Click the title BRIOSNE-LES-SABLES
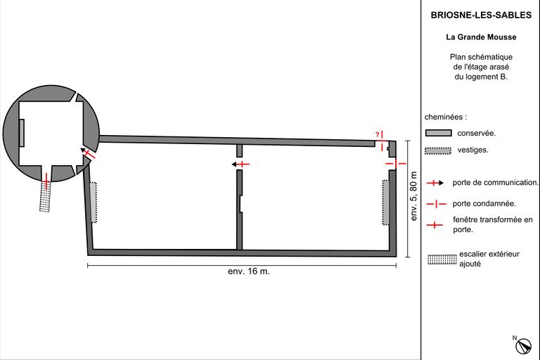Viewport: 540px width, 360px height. (481, 15)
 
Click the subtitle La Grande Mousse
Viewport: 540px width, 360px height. (481, 37)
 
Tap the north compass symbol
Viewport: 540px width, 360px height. (523, 346)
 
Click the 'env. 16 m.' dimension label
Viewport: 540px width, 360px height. (249, 271)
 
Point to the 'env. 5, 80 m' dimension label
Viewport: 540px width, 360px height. (413, 196)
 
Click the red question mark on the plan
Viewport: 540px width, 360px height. (377, 134)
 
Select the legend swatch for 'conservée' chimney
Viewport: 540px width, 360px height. (439, 133)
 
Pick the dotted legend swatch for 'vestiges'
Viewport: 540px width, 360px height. (438, 150)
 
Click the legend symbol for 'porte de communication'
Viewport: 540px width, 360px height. (435, 183)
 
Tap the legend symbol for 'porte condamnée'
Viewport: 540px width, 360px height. (436, 204)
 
